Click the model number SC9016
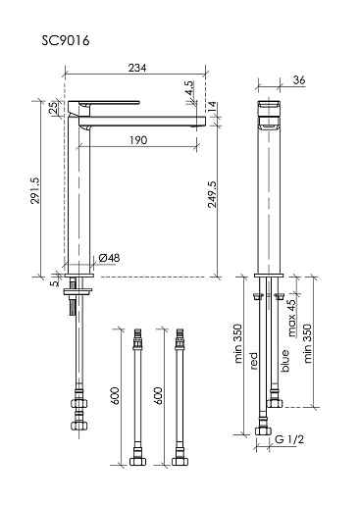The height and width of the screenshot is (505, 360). tap(66, 41)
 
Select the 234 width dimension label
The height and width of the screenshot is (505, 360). tap(137, 68)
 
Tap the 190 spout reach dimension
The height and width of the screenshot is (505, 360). tap(138, 140)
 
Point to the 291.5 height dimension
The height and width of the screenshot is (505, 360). tap(35, 190)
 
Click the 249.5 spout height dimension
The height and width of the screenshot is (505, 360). tap(212, 194)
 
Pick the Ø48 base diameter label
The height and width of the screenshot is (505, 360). tap(109, 258)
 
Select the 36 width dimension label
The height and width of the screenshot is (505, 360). tap(299, 79)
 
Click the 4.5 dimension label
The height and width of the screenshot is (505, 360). tap(189, 87)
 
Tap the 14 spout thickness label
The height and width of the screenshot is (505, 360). tap(212, 106)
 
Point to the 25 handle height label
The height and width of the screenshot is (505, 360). tap(53, 108)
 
